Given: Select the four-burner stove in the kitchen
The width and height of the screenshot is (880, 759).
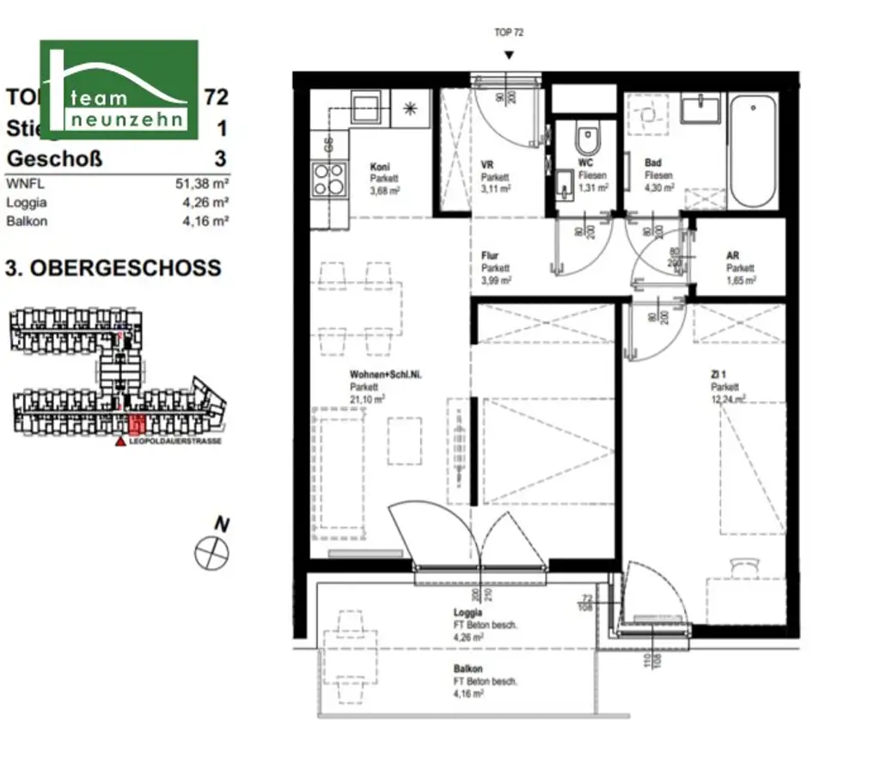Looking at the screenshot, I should click(328, 180).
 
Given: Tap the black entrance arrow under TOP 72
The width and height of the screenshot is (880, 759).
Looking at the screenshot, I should click(510, 55).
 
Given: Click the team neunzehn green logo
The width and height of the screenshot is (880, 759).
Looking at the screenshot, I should click(119, 89).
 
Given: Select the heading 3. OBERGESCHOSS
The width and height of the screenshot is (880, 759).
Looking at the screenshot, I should click(113, 267).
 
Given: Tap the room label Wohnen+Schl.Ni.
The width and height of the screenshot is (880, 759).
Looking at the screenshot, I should click(379, 375).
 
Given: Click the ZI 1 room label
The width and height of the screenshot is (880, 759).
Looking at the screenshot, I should click(708, 375).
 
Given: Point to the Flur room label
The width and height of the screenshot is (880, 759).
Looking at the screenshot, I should click(490, 256).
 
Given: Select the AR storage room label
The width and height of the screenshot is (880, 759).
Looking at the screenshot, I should click(733, 256).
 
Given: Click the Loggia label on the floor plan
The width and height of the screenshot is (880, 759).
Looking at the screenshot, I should click(468, 614).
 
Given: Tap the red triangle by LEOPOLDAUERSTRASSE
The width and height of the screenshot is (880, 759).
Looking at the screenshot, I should click(119, 441).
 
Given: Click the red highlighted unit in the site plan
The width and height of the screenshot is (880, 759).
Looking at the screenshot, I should click(135, 424).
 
